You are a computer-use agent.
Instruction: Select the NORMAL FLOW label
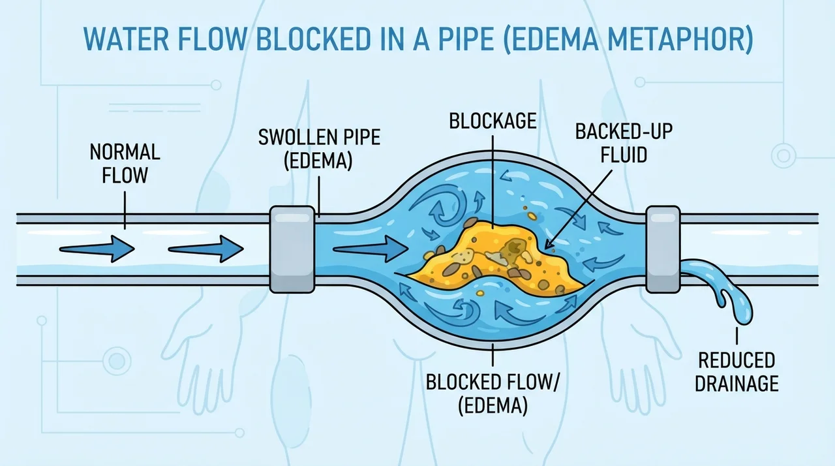125,164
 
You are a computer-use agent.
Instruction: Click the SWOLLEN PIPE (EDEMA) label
319,149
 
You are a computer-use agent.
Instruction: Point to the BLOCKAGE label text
493,121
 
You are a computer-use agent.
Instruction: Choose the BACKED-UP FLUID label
624,143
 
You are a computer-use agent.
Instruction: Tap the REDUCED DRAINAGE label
736,371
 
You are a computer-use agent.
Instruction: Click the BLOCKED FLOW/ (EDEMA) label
493,394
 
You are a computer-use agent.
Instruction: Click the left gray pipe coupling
292,249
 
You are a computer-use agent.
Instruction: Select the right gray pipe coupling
663,249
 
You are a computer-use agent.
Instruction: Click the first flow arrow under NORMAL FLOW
97,249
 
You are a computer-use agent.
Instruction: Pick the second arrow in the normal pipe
205,249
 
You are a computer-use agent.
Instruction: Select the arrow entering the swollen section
371,249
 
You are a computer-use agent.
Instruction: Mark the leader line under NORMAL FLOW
125,211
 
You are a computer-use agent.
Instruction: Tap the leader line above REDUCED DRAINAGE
736,335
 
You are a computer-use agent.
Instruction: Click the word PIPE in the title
460,39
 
